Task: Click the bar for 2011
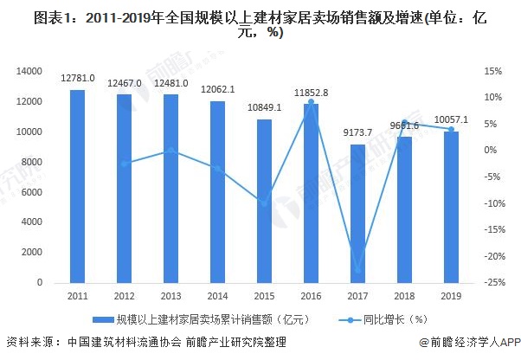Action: pyautogui.click(x=78, y=186)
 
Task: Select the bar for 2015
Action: pyautogui.click(x=264, y=201)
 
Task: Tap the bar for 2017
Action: pyautogui.click(x=357, y=214)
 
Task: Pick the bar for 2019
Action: pyautogui.click(x=451, y=207)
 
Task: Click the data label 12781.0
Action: pyautogui.click(x=78, y=80)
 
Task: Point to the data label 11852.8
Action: pyautogui.click(x=311, y=93)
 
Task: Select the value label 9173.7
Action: pyautogui.click(x=357, y=133)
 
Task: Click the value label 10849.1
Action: pyautogui.click(x=264, y=108)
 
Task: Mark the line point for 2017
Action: pyautogui.click(x=357, y=271)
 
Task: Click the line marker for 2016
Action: pyautogui.click(x=311, y=102)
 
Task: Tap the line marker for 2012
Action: pyautogui.click(x=125, y=164)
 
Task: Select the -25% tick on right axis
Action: pyautogui.click(x=494, y=283)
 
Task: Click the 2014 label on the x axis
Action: pyautogui.click(x=217, y=295)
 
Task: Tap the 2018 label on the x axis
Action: pyautogui.click(x=404, y=295)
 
